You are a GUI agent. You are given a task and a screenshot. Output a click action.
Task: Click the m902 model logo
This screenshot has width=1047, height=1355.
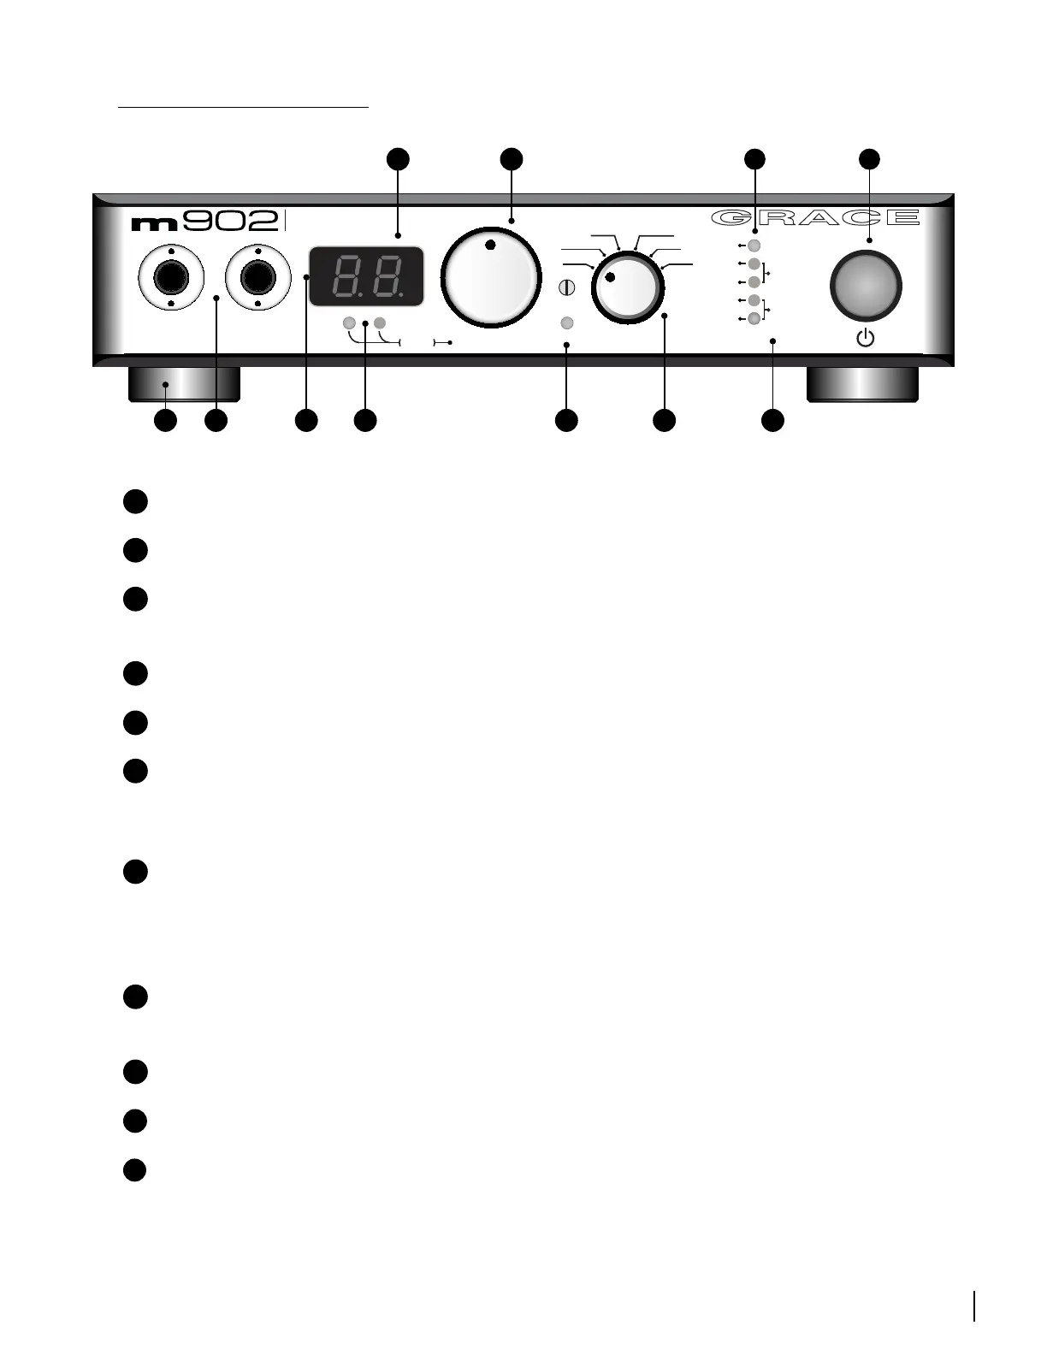(205, 222)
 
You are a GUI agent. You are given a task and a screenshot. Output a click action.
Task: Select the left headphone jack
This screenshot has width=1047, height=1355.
(171, 278)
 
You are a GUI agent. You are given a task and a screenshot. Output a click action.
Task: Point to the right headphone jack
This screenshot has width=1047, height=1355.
(257, 278)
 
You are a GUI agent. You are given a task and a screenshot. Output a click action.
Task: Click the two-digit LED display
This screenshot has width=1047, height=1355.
(367, 276)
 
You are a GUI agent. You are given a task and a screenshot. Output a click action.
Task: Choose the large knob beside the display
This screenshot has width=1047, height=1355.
(491, 276)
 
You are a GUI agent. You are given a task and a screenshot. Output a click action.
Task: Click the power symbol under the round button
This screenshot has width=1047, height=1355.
(866, 339)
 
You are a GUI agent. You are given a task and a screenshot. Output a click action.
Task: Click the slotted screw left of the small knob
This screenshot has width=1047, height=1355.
(566, 288)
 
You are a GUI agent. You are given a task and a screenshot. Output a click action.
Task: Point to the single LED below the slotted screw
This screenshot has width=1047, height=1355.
(566, 323)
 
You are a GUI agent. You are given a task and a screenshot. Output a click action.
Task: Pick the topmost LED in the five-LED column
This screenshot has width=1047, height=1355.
(754, 246)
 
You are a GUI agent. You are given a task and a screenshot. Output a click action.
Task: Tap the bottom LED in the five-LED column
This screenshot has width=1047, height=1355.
(754, 318)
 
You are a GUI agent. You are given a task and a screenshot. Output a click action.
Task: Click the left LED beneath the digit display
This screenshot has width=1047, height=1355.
(349, 323)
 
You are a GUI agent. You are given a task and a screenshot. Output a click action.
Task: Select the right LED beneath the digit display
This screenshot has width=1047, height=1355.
(380, 323)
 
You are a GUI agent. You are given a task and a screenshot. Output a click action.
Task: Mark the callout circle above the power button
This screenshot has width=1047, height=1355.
(869, 158)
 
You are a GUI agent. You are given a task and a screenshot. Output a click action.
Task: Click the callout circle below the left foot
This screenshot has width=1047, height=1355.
(165, 420)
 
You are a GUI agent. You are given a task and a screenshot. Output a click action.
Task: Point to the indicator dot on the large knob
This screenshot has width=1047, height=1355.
(489, 246)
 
